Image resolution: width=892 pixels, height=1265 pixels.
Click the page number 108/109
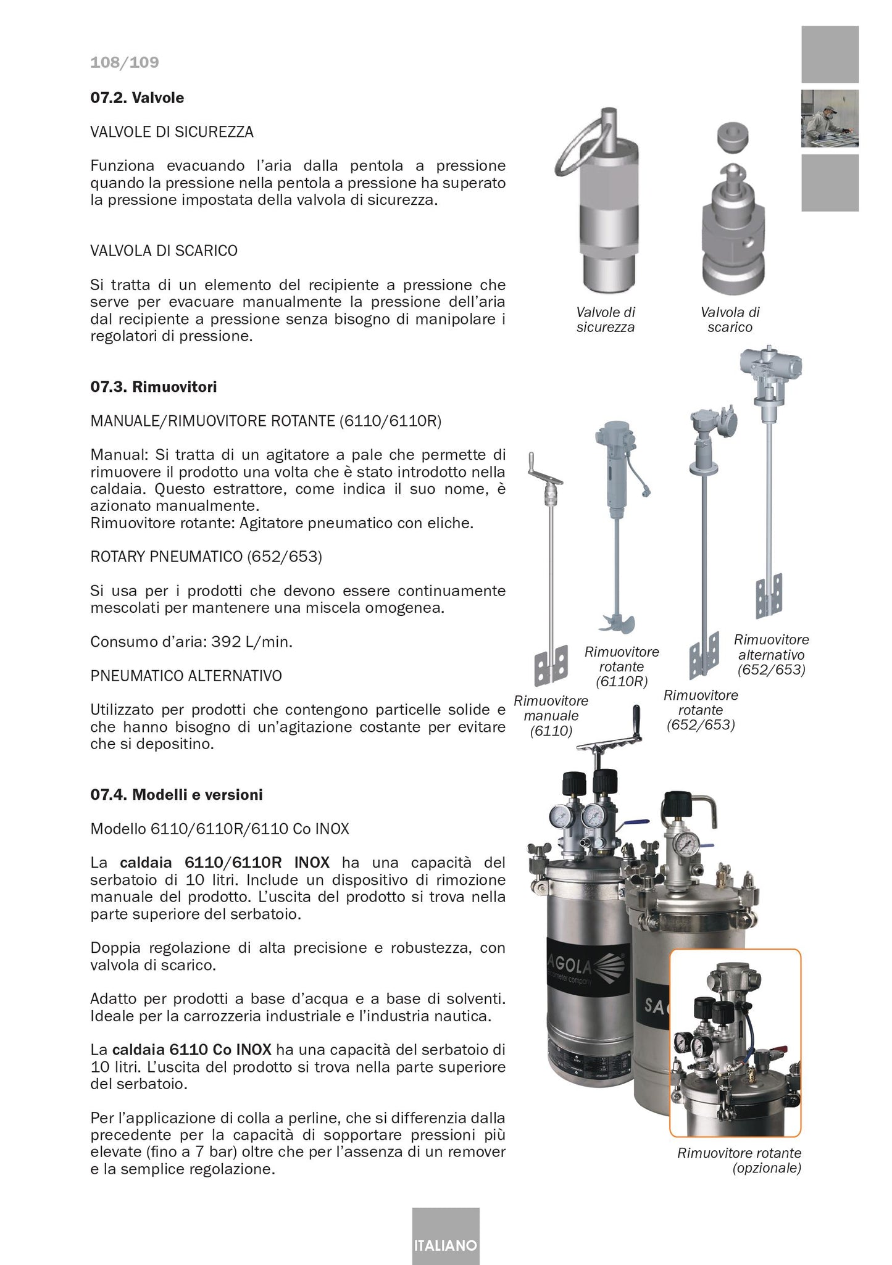pos(124,62)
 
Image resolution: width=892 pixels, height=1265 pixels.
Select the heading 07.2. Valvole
pos(137,97)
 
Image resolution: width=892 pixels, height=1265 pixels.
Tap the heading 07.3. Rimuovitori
pos(153,387)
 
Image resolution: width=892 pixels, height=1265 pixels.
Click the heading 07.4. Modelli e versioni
pos(177,795)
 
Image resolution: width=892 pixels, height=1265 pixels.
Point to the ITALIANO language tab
pos(445,1245)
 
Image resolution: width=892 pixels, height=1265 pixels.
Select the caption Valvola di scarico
pos(730,320)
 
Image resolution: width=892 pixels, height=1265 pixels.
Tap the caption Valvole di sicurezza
pos(605,320)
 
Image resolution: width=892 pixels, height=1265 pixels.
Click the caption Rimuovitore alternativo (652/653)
pos(771,654)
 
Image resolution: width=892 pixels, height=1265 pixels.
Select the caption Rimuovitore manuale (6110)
pos(551,716)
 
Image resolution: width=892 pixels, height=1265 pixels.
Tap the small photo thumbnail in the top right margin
pos(830,118)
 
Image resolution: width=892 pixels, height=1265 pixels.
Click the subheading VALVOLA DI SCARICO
pos(164,251)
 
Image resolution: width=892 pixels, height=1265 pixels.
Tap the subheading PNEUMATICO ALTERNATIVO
pos(186,676)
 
